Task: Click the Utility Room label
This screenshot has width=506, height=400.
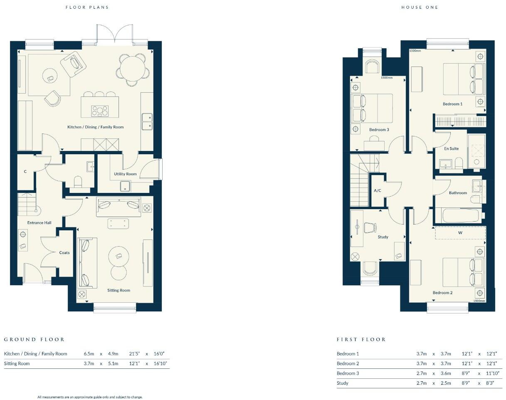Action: point(125,174)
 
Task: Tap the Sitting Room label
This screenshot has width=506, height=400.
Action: point(119,290)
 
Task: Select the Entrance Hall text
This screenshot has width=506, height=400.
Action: point(39,223)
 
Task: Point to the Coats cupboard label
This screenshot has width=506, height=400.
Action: point(64,253)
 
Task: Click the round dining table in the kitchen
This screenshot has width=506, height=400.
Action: point(132,69)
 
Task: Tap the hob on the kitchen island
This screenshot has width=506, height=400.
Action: point(100,111)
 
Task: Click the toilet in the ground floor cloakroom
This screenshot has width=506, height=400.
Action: point(78,182)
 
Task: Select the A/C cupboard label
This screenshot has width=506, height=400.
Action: point(378,191)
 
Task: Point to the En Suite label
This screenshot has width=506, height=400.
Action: point(451,148)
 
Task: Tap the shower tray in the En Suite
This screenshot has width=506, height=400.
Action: point(476,151)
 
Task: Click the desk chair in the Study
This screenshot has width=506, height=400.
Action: point(370,228)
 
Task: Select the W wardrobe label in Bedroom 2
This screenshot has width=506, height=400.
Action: point(460,233)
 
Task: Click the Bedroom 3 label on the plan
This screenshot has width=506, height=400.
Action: point(379,130)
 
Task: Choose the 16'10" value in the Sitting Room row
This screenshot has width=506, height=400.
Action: point(160,363)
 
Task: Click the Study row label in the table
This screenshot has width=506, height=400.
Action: point(343,383)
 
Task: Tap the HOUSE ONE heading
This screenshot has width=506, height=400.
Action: point(420,7)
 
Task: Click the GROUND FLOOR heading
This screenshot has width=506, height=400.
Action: point(35,339)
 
